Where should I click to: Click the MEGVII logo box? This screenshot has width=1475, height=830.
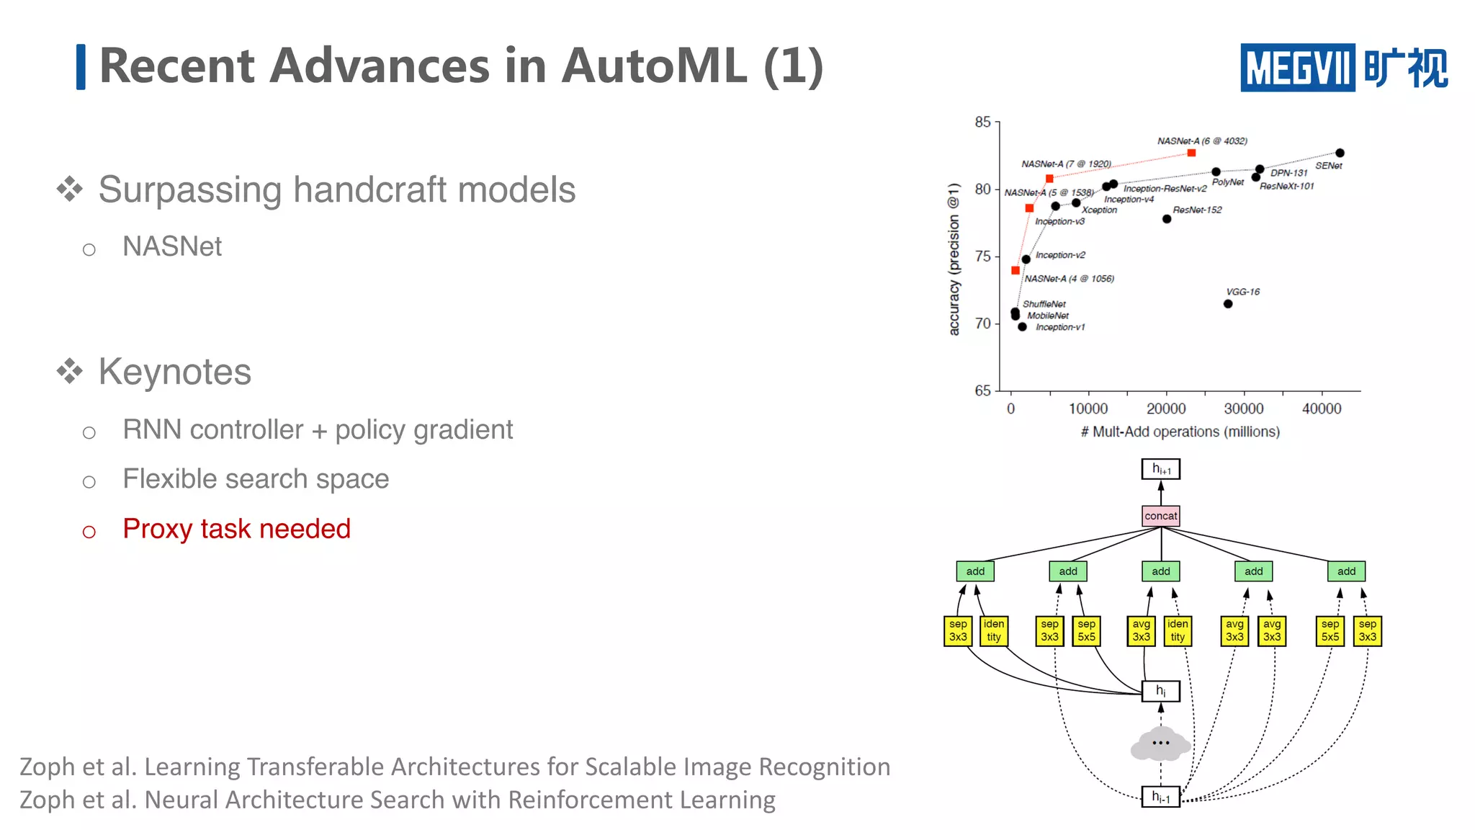pos(1297,68)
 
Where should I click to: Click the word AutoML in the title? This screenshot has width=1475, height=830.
pos(654,66)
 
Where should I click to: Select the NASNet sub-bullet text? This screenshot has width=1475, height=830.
pos(172,246)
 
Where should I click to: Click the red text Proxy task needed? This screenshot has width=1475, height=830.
pos(236,529)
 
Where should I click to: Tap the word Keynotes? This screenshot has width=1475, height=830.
pos(174,372)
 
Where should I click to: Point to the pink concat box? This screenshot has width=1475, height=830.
pos(1160,516)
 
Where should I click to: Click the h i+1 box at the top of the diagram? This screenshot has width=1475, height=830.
pos(1160,469)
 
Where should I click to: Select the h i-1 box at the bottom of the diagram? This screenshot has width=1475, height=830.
pos(1160,796)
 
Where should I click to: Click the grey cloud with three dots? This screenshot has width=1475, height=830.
pos(1160,744)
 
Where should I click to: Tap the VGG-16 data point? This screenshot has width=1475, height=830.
pos(1228,304)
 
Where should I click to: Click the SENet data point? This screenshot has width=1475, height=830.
pos(1340,153)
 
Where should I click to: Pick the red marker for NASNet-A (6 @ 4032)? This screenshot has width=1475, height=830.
pos(1191,153)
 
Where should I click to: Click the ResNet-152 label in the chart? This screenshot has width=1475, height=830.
pos(1197,210)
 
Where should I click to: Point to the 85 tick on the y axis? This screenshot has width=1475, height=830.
pos(982,122)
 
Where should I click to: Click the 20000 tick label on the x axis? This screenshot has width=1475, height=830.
pos(1166,409)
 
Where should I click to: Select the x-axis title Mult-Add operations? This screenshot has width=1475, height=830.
pos(1180,432)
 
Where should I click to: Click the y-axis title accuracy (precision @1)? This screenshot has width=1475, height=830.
pos(954,259)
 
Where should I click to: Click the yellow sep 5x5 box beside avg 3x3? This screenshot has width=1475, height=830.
pos(1086,630)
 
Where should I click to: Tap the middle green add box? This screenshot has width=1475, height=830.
pos(1160,571)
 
